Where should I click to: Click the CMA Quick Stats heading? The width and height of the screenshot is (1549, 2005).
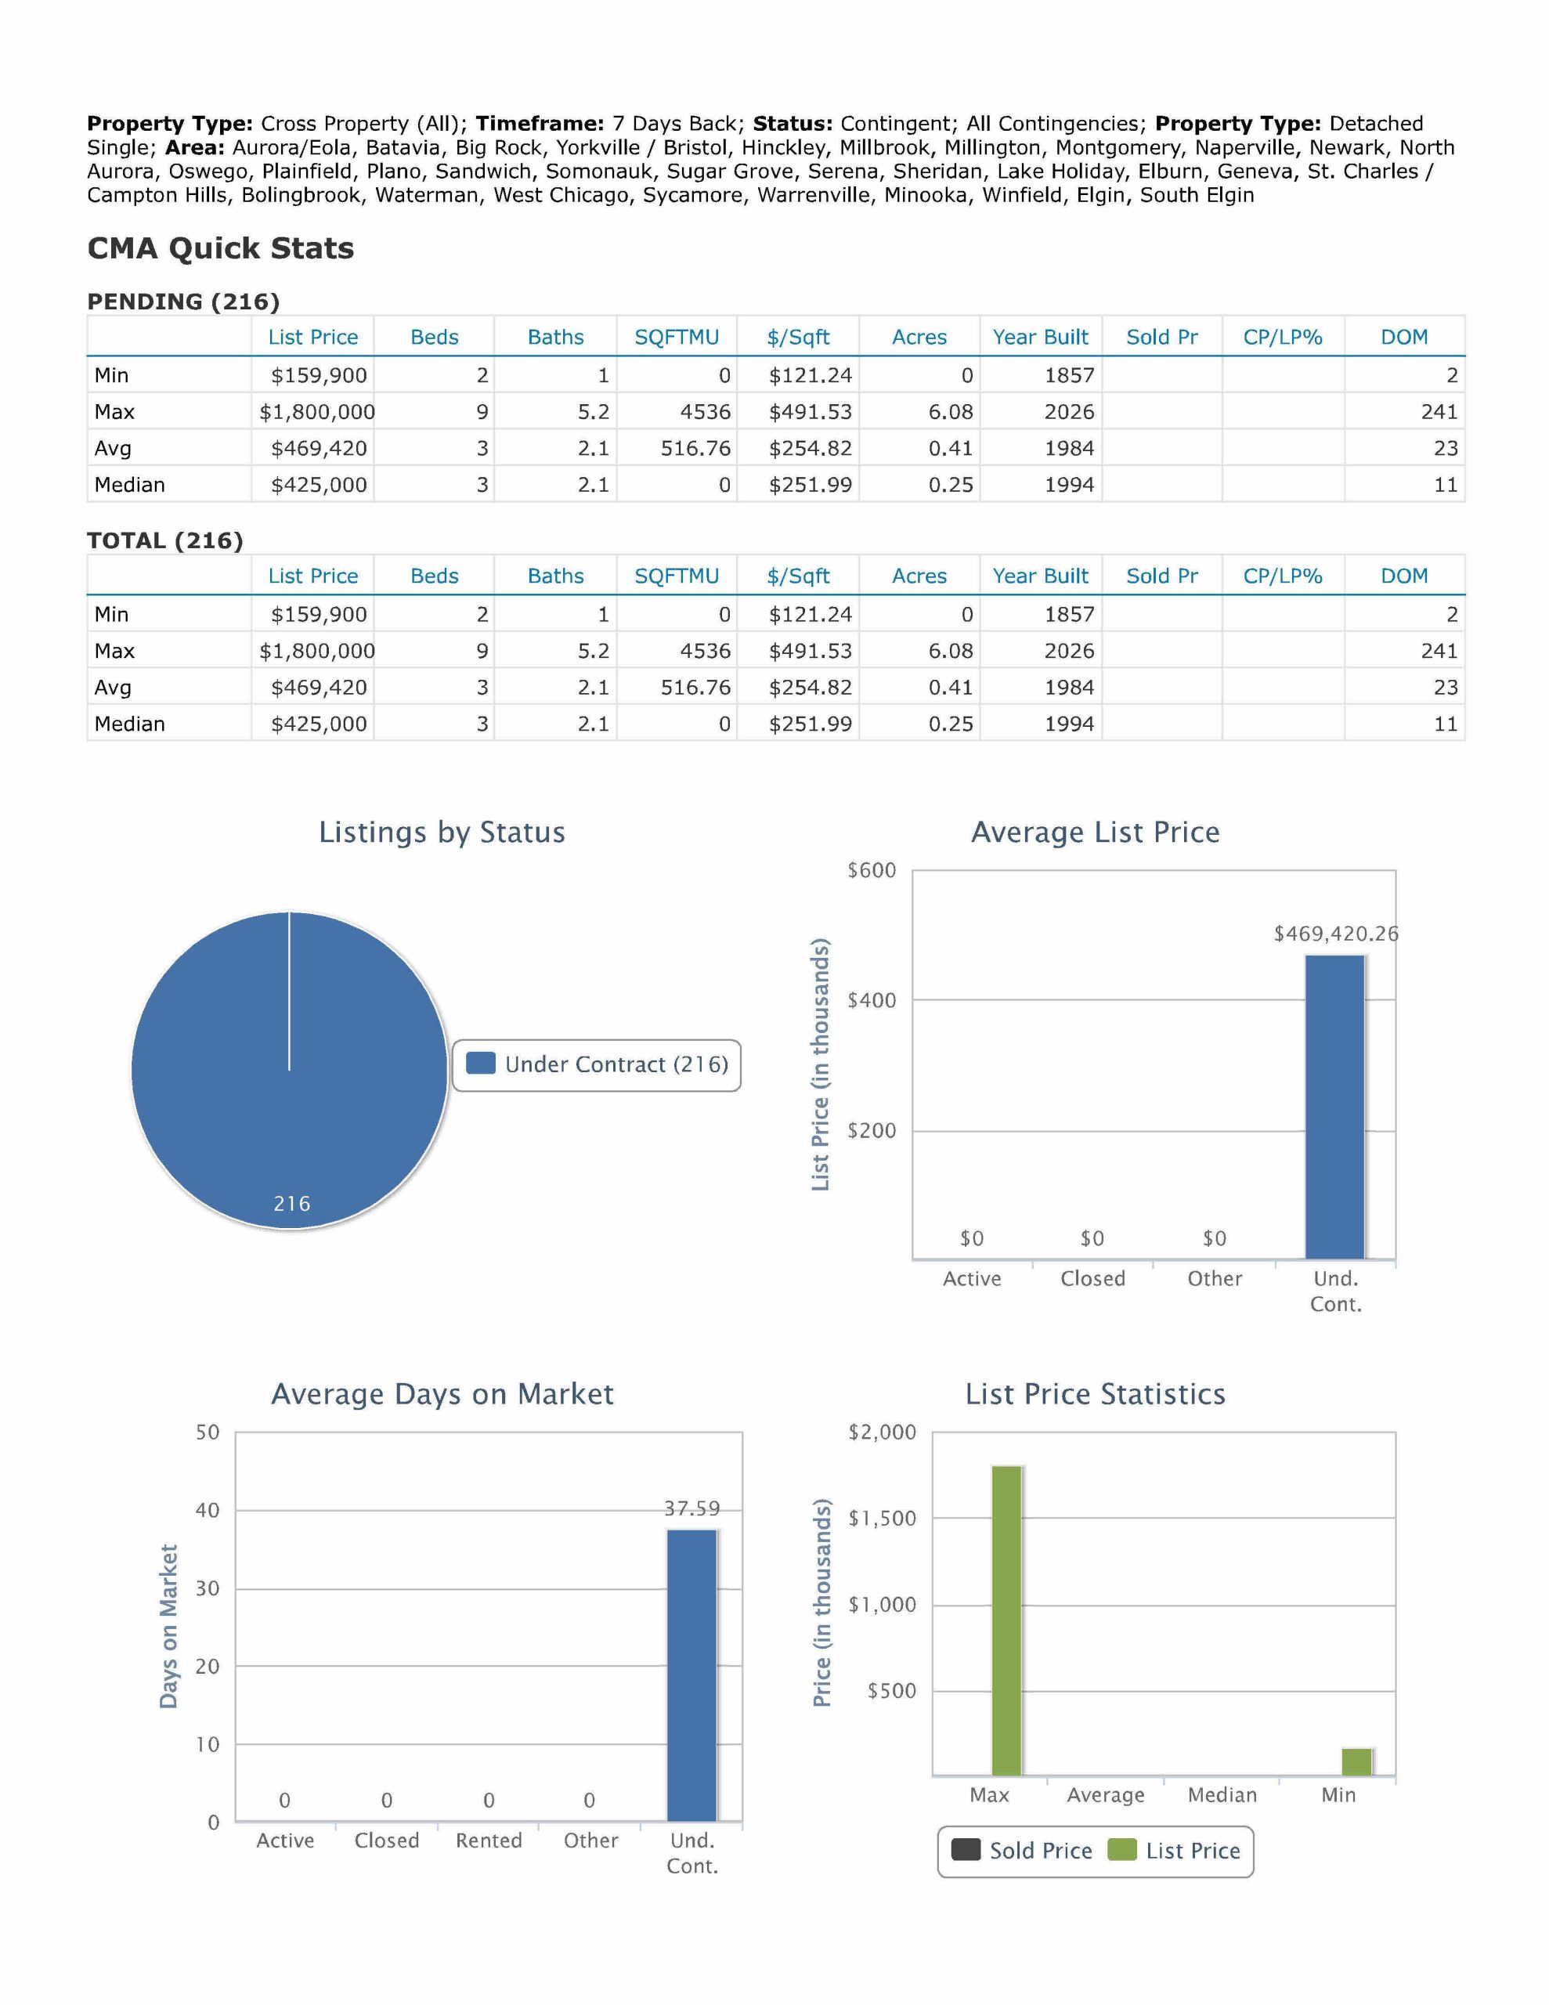tap(220, 249)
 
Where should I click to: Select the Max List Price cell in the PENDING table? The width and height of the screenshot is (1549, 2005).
tap(317, 412)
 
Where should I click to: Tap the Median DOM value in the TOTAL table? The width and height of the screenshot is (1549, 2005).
tap(1446, 724)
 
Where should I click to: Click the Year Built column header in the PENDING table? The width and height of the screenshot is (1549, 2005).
tap(1040, 338)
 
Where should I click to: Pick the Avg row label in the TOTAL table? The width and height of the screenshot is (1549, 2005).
tap(113, 688)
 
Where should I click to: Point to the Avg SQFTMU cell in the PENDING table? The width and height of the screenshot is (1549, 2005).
tap(695, 449)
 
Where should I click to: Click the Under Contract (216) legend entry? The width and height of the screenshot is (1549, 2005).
tap(598, 1065)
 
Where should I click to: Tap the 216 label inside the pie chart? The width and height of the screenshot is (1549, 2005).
tap(292, 1204)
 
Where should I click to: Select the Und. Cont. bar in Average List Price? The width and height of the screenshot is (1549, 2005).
tap(1335, 1106)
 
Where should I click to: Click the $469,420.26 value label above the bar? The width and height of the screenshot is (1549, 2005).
tap(1336, 934)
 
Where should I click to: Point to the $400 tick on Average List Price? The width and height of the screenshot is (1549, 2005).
tap(872, 1001)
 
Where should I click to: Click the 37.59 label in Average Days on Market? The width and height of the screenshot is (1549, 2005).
tap(692, 1508)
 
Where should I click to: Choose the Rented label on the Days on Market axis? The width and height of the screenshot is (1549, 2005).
tap(489, 1841)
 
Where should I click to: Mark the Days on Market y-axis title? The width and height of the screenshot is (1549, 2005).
tap(168, 1626)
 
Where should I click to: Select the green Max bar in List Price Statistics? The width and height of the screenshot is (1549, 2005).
tap(1006, 1620)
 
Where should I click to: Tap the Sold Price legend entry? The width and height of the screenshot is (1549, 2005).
tap(1022, 1851)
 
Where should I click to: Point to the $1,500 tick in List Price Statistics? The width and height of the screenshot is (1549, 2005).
tap(883, 1519)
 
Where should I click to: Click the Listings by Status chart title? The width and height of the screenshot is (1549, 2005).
tap(442, 833)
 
